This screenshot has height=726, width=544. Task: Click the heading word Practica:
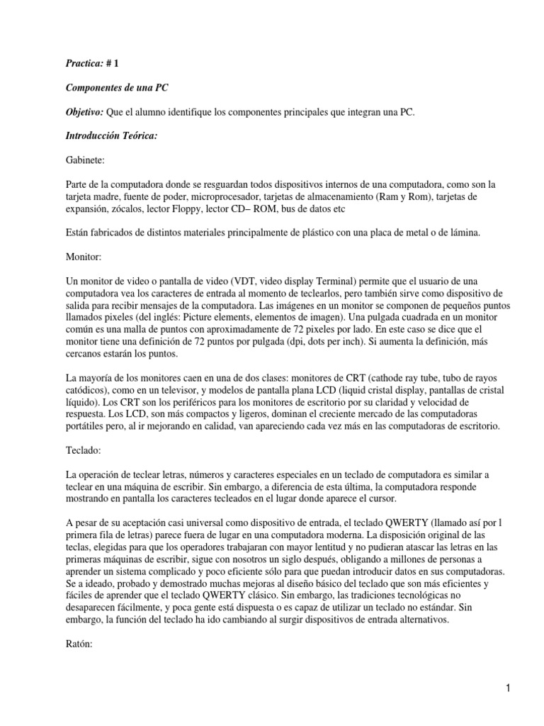(x=84, y=63)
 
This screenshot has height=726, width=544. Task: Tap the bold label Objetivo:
(x=84, y=113)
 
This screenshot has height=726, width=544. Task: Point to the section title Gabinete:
(x=84, y=162)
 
